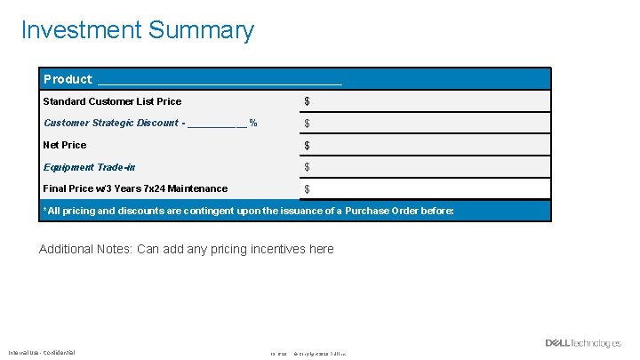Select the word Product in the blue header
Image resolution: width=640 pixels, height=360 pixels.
click(68, 79)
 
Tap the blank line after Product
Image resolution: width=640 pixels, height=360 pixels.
click(220, 82)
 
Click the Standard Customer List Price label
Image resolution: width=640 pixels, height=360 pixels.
click(112, 101)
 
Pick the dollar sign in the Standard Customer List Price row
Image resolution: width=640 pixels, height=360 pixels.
click(308, 102)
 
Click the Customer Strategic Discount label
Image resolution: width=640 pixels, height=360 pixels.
click(110, 123)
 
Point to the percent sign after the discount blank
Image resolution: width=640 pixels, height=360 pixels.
click(253, 123)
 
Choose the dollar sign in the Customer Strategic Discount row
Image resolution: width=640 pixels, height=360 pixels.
click(308, 124)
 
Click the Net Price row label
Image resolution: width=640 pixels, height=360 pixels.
click(65, 145)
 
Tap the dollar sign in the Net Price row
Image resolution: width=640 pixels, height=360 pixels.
click(308, 146)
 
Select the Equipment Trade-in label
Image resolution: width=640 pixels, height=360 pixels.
click(89, 167)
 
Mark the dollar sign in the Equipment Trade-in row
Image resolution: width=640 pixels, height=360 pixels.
click(308, 167)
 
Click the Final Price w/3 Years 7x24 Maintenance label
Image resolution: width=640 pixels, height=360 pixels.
click(135, 188)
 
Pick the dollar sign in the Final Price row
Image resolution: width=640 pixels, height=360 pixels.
click(308, 189)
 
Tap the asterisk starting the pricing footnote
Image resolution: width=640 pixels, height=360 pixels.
click(45, 210)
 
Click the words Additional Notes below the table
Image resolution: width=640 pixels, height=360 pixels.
click(85, 249)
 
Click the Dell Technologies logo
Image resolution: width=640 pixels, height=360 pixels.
click(583, 344)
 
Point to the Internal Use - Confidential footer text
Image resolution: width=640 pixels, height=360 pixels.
click(42, 352)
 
